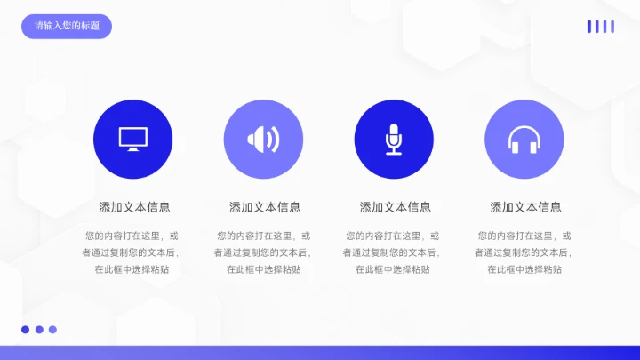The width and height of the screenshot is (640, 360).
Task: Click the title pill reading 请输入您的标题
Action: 67,26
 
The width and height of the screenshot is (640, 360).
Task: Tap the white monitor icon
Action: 132,139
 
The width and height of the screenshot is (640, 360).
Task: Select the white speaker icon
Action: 263,139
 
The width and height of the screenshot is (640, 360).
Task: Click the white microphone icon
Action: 393,139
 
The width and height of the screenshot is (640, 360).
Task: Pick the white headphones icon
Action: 524,140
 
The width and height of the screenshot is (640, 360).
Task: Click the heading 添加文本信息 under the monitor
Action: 134,207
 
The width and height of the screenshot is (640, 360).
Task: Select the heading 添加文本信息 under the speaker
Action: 265,207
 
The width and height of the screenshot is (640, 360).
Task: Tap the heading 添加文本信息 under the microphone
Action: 396,207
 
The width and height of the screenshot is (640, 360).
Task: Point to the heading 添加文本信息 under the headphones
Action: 525,207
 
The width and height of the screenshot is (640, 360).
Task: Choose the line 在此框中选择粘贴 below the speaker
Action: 263,269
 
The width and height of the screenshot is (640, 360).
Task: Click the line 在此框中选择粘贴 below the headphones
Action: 524,269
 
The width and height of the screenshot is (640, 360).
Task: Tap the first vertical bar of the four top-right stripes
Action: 588,27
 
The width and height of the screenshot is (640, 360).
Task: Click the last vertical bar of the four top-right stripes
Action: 612,27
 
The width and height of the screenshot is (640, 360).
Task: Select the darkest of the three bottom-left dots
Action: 26,330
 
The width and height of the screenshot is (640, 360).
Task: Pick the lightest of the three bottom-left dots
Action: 52,330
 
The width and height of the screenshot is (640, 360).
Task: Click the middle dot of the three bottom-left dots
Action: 39,330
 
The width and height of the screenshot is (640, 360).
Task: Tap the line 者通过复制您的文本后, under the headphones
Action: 524,252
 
